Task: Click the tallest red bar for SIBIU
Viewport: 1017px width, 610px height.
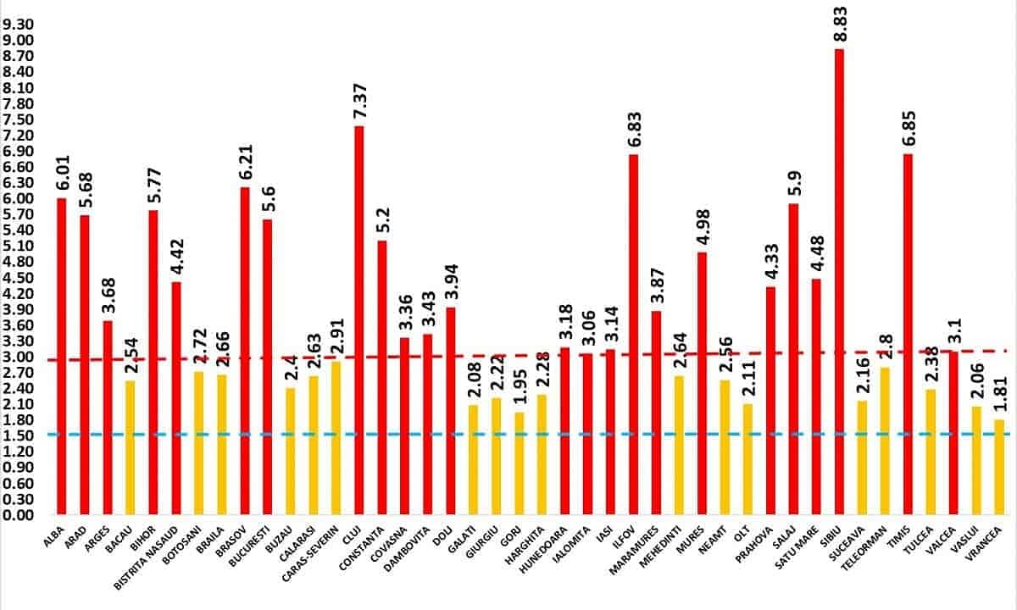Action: click(839, 280)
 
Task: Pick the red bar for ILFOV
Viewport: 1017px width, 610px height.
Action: click(633, 334)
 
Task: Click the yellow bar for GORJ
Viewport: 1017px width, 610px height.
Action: click(519, 463)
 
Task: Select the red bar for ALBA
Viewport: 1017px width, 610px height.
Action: click(62, 356)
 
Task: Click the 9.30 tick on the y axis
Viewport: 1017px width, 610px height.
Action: click(18, 25)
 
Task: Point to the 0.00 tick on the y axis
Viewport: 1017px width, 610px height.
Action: click(18, 515)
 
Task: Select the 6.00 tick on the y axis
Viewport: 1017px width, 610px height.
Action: click(18, 198)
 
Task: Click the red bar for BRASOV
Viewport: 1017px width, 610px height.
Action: click(245, 351)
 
